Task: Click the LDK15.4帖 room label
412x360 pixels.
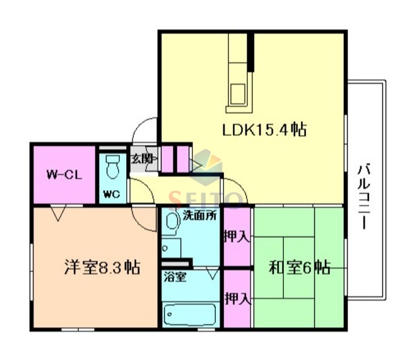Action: (264, 131)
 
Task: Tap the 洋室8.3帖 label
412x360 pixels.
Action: (101, 267)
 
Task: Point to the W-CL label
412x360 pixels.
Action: (63, 174)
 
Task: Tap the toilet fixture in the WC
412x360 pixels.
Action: (113, 167)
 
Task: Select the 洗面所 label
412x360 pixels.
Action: (200, 215)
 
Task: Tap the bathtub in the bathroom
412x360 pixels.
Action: (189, 314)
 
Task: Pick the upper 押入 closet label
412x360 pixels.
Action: (237, 237)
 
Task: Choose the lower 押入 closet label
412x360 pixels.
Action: (237, 297)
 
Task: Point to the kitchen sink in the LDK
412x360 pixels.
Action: (238, 93)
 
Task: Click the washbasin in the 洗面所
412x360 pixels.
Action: (171, 221)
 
